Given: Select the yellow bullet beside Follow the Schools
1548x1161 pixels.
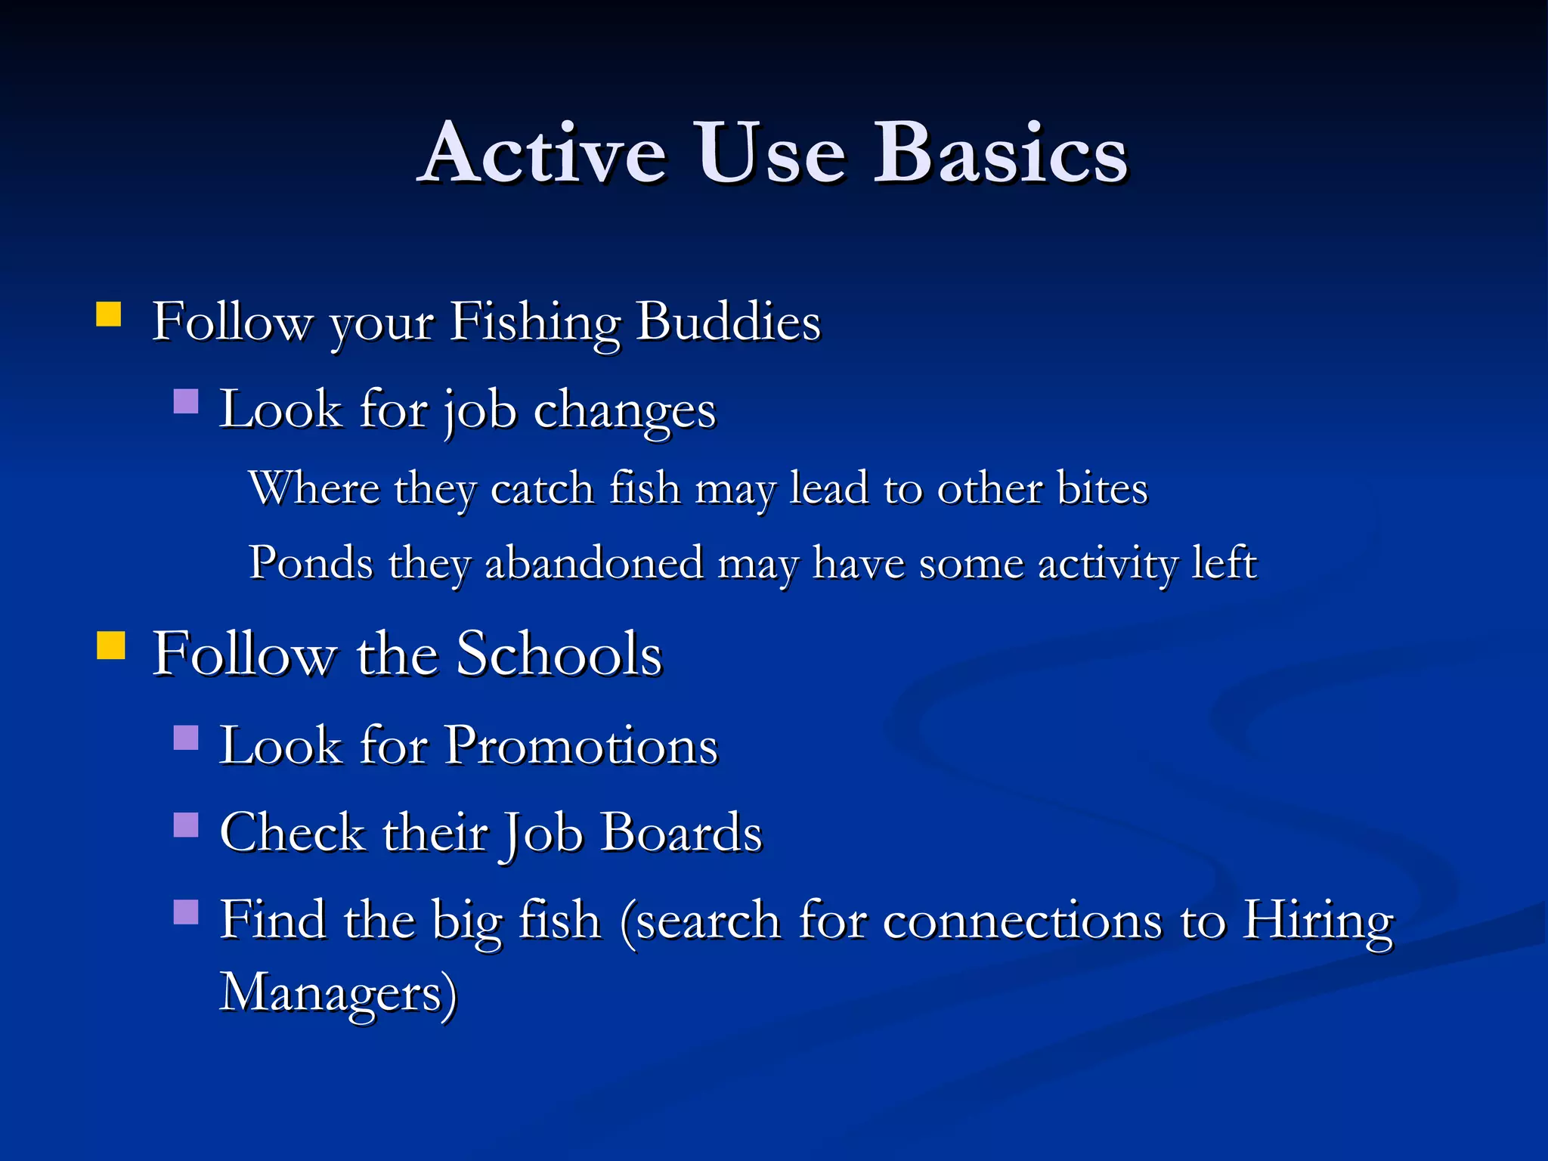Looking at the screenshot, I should click(x=111, y=646).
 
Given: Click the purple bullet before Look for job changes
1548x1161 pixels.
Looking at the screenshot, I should click(x=186, y=401).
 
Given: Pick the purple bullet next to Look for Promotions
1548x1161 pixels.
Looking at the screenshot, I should click(x=186, y=737).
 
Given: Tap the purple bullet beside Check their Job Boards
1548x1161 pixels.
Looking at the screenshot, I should click(x=186, y=825).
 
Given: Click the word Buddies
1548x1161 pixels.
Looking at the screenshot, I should click(x=728, y=321).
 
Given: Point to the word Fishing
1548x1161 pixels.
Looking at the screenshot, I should click(x=535, y=323).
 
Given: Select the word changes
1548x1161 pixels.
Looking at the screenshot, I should click(x=624, y=412).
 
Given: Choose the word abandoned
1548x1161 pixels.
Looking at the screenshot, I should click(x=594, y=563).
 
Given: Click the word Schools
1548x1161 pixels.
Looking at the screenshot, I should click(x=559, y=654).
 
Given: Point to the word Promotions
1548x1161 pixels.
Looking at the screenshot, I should click(x=581, y=746).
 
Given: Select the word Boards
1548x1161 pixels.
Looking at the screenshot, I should click(x=681, y=833).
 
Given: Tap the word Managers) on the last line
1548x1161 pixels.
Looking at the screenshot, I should click(x=338, y=992).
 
